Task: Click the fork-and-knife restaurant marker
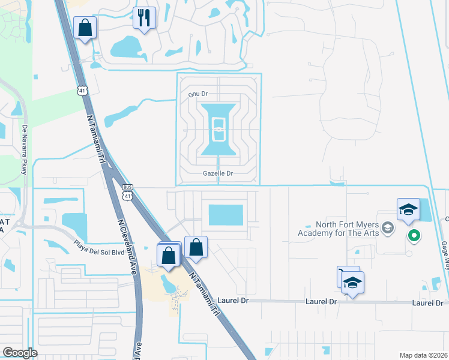144,17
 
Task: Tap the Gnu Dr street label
197,94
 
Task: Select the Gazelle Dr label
217,173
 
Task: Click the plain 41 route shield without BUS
82,91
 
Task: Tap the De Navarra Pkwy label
25,150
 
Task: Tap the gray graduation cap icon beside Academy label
388,227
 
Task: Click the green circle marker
414,235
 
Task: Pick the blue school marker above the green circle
408,209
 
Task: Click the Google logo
20,353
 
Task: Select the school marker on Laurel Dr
353,283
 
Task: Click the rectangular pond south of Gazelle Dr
225,215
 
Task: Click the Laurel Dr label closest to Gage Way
427,302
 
